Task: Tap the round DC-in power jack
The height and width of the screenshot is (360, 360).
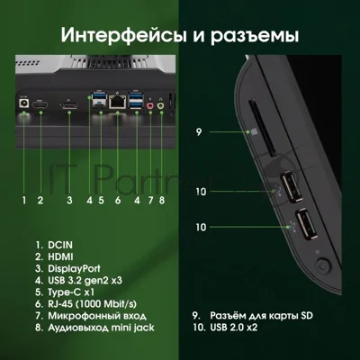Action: (x=23, y=103)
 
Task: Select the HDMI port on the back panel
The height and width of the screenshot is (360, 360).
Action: (x=40, y=105)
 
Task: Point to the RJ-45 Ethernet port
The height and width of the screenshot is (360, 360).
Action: (x=117, y=102)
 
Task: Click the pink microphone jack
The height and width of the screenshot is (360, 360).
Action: (x=149, y=105)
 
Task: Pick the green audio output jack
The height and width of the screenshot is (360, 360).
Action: (x=161, y=105)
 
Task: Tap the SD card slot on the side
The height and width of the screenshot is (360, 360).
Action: (x=262, y=129)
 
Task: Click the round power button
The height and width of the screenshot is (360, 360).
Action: (x=322, y=265)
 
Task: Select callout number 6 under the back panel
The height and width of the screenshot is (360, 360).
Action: (x=118, y=200)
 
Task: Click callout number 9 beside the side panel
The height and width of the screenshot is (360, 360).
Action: (x=199, y=131)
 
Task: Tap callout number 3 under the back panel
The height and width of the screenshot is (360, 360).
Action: (x=69, y=200)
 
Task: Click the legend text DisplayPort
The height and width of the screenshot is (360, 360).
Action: (x=74, y=268)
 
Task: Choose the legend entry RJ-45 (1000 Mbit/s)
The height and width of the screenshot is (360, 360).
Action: (x=92, y=304)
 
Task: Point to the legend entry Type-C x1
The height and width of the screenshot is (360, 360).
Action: (x=71, y=292)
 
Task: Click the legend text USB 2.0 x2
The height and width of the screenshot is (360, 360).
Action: (x=234, y=327)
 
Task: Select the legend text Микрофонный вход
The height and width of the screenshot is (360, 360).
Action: (x=97, y=316)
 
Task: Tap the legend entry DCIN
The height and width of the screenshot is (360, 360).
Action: (x=60, y=245)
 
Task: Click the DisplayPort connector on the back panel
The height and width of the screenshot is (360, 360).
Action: (x=68, y=105)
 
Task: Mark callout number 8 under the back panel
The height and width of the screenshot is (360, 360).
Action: (x=162, y=200)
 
